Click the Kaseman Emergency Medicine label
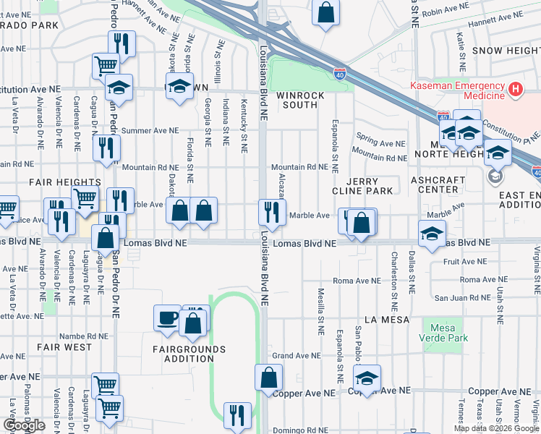[x=457, y=90]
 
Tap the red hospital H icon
[x=515, y=90]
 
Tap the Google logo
[x=23, y=425]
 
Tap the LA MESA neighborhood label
[x=387, y=319]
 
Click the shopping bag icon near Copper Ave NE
[x=269, y=377]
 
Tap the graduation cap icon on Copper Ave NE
[x=367, y=378]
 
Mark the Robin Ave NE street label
[x=454, y=13]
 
